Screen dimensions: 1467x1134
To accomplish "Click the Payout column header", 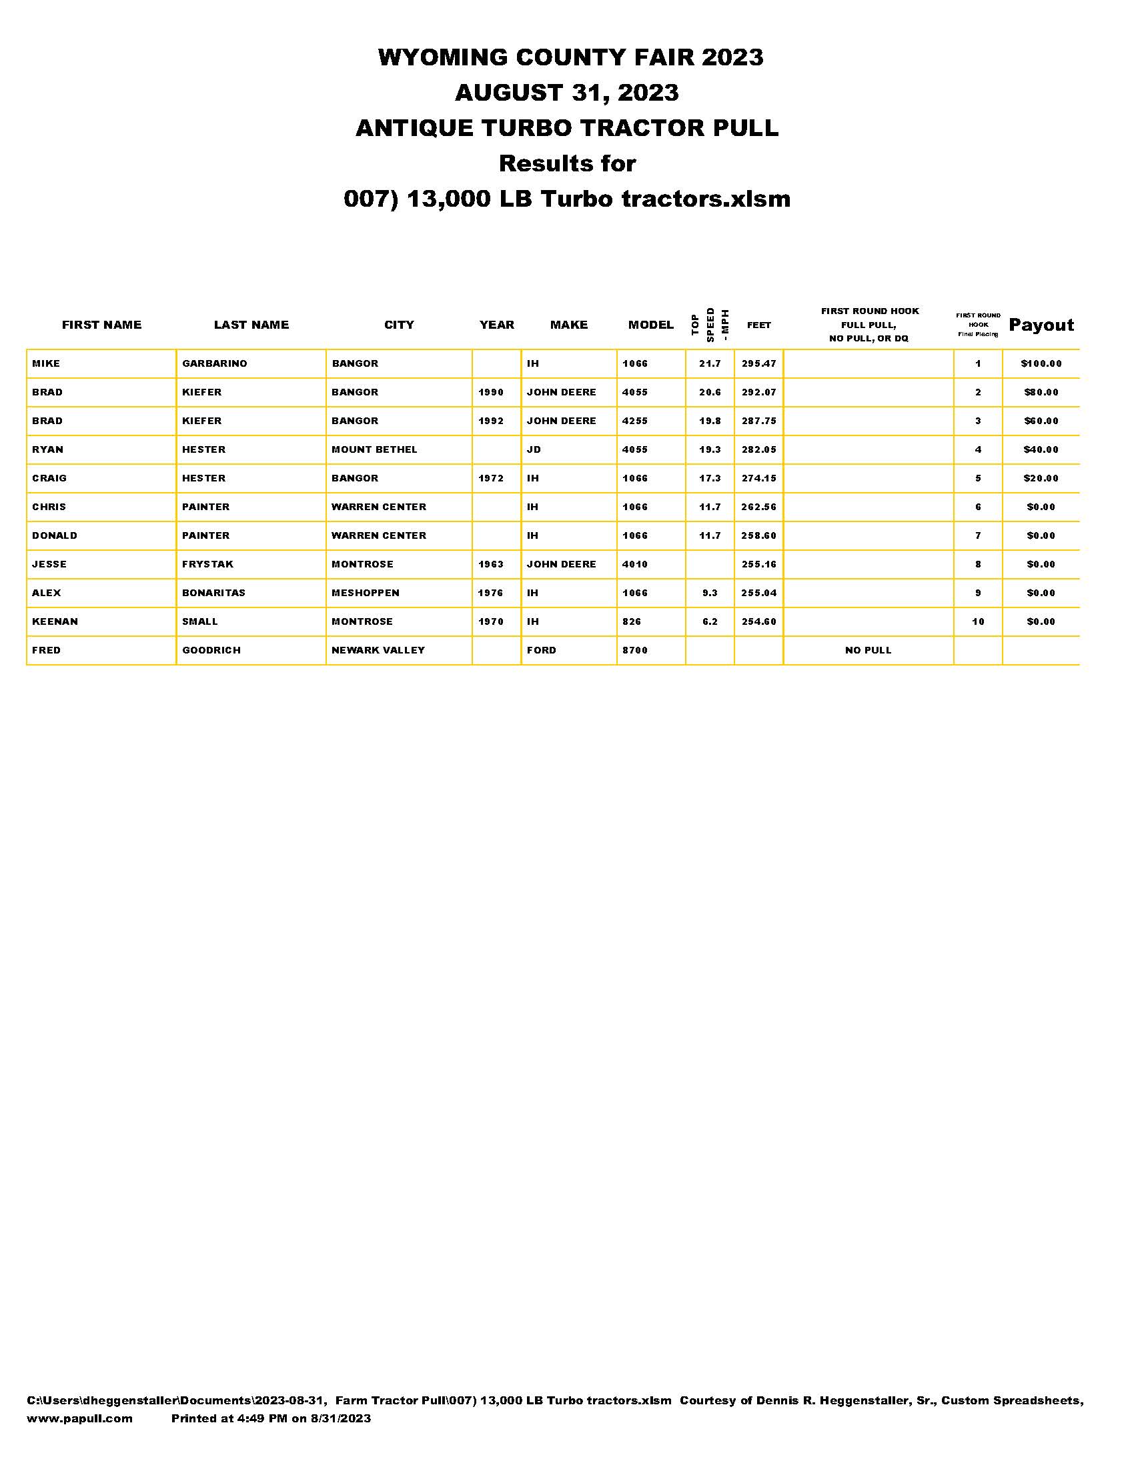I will click(1041, 325).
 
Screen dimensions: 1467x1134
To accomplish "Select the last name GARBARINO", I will click(214, 363).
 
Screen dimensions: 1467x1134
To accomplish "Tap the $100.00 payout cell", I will click(1041, 363).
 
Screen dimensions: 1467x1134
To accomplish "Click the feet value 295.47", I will click(758, 363).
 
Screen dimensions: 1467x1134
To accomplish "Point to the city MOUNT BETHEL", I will click(374, 449).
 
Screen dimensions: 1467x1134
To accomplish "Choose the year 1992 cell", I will click(490, 421).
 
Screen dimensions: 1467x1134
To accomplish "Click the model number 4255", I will click(635, 421).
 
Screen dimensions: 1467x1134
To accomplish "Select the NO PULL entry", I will click(868, 650).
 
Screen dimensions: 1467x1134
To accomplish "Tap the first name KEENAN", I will click(55, 621).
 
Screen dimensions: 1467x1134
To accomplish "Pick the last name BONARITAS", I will click(213, 593).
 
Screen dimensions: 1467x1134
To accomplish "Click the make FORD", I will click(542, 650).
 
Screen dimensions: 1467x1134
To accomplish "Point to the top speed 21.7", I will click(710, 363).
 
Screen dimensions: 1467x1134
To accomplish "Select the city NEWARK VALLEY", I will click(378, 650).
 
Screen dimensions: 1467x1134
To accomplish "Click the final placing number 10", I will click(977, 621).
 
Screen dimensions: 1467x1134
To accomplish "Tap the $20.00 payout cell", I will click(1041, 478).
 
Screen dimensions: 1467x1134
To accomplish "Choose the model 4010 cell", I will click(635, 564).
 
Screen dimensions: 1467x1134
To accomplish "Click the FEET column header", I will click(758, 325).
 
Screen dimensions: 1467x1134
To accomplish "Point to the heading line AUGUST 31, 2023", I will click(566, 93).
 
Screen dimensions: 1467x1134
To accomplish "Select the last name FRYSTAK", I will click(207, 564).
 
